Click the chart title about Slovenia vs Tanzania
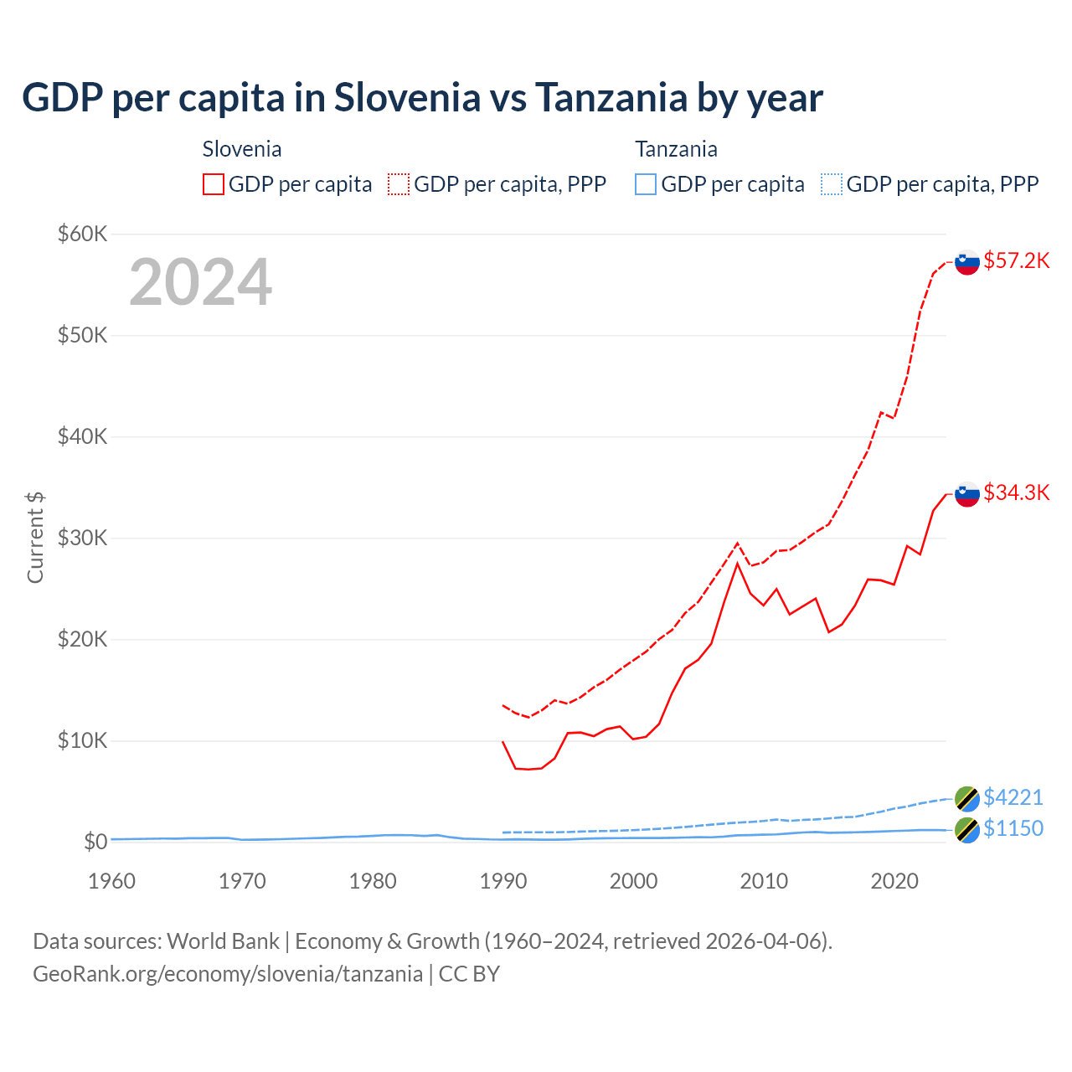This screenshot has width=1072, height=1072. tap(422, 97)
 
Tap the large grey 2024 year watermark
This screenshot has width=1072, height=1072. tap(200, 282)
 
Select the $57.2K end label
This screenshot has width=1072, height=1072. tap(1016, 260)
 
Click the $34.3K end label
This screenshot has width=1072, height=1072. tap(1016, 492)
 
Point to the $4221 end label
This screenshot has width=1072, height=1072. tap(1013, 797)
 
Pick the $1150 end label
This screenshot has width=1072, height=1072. tap(1013, 828)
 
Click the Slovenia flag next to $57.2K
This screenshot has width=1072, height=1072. tap(967, 262)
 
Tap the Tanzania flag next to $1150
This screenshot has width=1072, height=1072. tap(967, 830)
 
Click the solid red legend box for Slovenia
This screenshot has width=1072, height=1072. tap(214, 184)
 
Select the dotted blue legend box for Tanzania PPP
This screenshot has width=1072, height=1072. tap(832, 184)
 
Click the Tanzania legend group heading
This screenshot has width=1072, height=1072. tap(676, 149)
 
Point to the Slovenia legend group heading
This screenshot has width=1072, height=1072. tap(242, 149)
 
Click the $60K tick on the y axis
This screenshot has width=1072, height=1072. tap(82, 234)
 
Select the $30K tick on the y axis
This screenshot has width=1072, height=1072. tap(82, 538)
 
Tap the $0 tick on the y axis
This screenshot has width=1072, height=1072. tap(95, 842)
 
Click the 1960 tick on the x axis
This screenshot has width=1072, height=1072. tap(111, 881)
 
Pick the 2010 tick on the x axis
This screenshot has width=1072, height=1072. tap(764, 881)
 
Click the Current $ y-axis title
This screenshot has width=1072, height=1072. tap(35, 538)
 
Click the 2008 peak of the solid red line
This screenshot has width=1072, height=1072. tap(737, 564)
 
